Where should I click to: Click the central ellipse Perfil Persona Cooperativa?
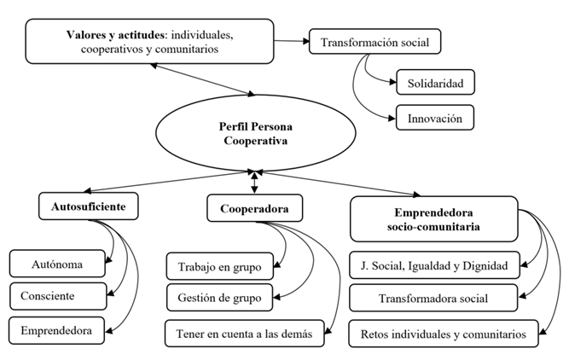(253, 131)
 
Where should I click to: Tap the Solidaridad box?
(435, 84)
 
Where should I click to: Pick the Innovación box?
(435, 118)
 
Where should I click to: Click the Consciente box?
(59, 295)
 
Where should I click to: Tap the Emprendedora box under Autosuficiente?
(59, 328)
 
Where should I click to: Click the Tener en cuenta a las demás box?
(246, 333)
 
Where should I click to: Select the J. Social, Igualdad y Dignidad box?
(433, 266)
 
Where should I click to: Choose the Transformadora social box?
(433, 298)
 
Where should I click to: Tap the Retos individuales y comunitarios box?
(444, 333)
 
